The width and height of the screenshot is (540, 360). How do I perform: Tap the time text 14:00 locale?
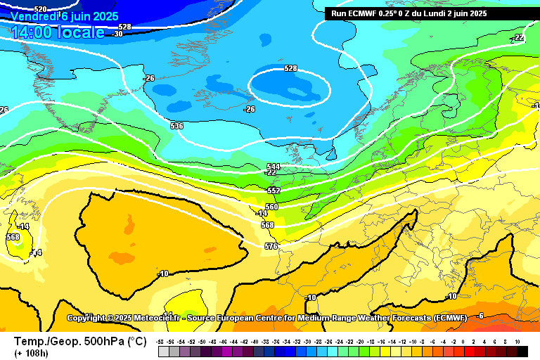coord(58,32)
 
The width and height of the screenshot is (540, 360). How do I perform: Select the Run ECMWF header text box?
coord(409,13)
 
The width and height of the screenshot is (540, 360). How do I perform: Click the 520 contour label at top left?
coord(20,8)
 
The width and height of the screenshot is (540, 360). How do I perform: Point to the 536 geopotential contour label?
coord(176,126)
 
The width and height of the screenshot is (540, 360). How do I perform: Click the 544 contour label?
coord(273,167)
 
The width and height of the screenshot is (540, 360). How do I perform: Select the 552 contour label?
coord(274,191)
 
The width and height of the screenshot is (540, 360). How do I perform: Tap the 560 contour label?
coord(271,207)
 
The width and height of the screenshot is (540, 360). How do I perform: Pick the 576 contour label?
coord(271,246)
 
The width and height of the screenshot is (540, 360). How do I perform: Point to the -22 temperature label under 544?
coord(271,172)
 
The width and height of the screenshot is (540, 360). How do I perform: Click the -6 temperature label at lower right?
coord(480,315)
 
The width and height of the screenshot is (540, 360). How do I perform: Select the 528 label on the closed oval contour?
coord(290,68)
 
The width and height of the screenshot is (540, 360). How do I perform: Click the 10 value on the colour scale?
coord(517,340)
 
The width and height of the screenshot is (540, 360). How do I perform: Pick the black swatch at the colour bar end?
coord(521,351)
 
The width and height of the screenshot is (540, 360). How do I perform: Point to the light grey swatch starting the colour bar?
coord(163,351)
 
